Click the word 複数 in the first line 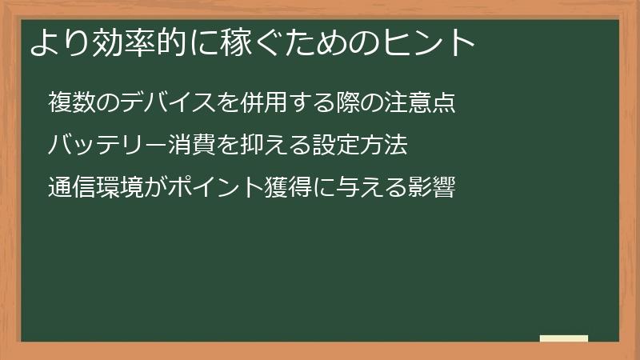click(x=71, y=103)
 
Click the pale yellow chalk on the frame click(x=563, y=338)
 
